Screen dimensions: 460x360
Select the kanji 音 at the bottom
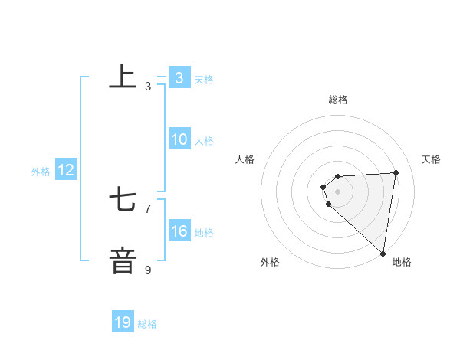coord(123,260)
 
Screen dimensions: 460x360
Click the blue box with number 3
coord(179,78)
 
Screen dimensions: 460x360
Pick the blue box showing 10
coord(179,139)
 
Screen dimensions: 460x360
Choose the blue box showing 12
coord(66,170)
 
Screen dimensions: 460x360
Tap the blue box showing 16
coord(179,231)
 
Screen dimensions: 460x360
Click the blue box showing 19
coord(123,322)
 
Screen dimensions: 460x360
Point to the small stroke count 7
coord(148,208)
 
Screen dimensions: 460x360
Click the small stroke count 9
coord(148,270)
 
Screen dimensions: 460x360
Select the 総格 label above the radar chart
coord(338,100)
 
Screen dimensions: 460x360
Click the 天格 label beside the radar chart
coord(431,159)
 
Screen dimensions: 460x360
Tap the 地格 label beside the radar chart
coord(402,262)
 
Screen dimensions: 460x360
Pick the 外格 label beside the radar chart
coord(270,262)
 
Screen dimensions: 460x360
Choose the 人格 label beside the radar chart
coord(245,159)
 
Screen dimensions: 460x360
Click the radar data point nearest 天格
coord(396,172)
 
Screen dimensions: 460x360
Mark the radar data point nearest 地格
coord(383,253)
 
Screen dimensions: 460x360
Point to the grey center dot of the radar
coord(338,191)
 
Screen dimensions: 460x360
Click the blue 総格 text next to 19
coord(147,323)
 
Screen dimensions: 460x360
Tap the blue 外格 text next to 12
coord(41,172)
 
